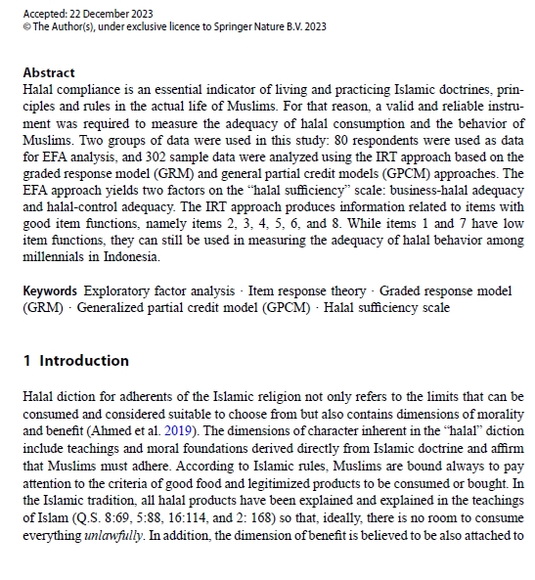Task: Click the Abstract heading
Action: coord(48,72)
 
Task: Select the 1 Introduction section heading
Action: coord(76,361)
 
